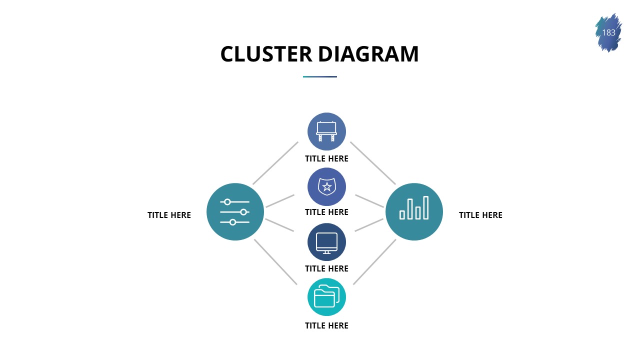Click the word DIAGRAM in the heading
pos(368,54)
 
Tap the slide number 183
pos(608,33)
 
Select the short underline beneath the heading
pos(320,76)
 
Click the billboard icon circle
pos(326,131)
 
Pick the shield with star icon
pos(326,186)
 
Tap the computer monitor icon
pos(326,242)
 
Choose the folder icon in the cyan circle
pos(326,297)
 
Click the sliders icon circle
pos(235,211)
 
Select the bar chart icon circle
pos(414,211)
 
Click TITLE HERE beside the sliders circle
pos(169,215)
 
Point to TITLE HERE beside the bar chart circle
pos(480,215)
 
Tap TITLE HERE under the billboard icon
pos(326,158)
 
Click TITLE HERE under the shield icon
pos(326,212)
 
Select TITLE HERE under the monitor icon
pos(326,268)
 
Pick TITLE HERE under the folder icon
pos(326,325)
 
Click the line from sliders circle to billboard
pos(275,163)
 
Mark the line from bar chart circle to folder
pos(374,262)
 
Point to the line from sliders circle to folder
pos(275,262)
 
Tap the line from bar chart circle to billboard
pos(373,163)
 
